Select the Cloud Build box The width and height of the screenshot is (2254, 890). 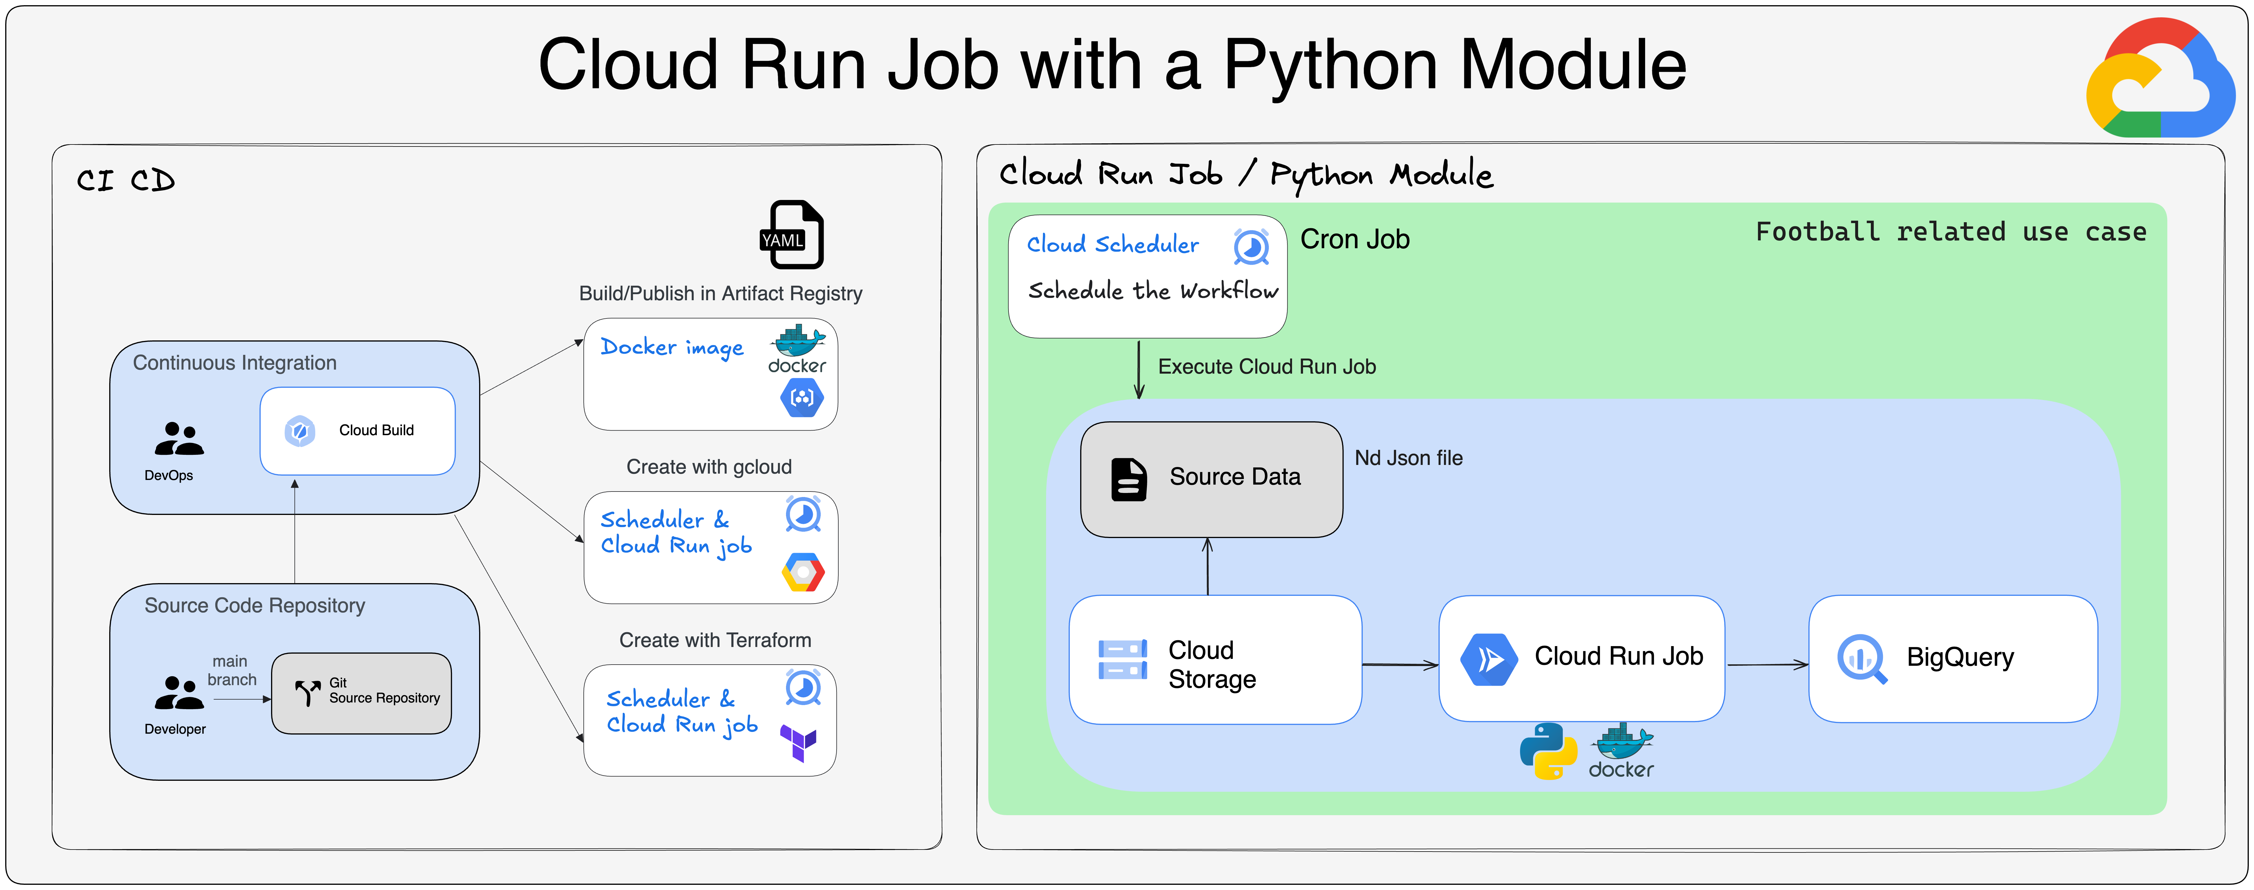click(x=357, y=431)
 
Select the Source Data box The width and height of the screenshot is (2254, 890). click(x=1211, y=479)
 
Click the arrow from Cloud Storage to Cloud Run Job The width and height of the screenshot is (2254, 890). click(x=1400, y=665)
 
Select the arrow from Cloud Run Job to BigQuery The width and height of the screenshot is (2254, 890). click(x=1767, y=665)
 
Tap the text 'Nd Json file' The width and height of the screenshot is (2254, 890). click(x=1409, y=458)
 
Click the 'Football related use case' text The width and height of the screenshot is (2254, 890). click(x=1951, y=232)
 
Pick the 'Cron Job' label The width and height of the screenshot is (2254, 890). click(x=1354, y=239)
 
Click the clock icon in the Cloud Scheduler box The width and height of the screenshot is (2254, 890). click(x=1251, y=247)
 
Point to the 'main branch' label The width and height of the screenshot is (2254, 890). click(x=232, y=670)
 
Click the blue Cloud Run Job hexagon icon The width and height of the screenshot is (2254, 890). click(x=1489, y=659)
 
